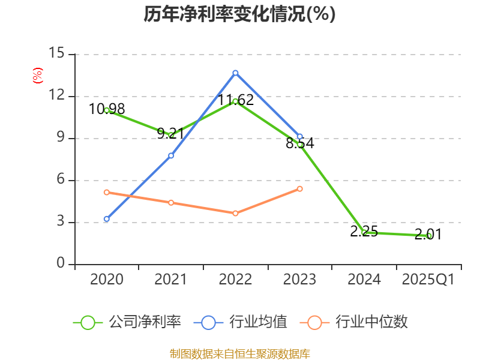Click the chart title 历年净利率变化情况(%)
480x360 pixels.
239,14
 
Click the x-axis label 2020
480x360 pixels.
106,279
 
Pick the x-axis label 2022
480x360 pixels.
235,279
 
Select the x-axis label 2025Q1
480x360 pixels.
428,279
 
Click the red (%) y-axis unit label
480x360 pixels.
38,76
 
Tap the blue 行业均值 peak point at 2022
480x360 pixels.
235,73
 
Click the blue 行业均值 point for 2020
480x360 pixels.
106,219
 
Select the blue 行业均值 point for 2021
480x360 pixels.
171,155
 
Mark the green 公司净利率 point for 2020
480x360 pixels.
106,110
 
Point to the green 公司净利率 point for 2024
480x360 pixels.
364,232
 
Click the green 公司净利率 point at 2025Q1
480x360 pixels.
429,236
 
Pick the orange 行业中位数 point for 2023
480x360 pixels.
300,188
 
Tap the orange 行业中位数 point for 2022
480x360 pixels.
235,213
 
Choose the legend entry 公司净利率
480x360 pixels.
127,322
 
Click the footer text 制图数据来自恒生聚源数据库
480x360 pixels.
239,353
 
